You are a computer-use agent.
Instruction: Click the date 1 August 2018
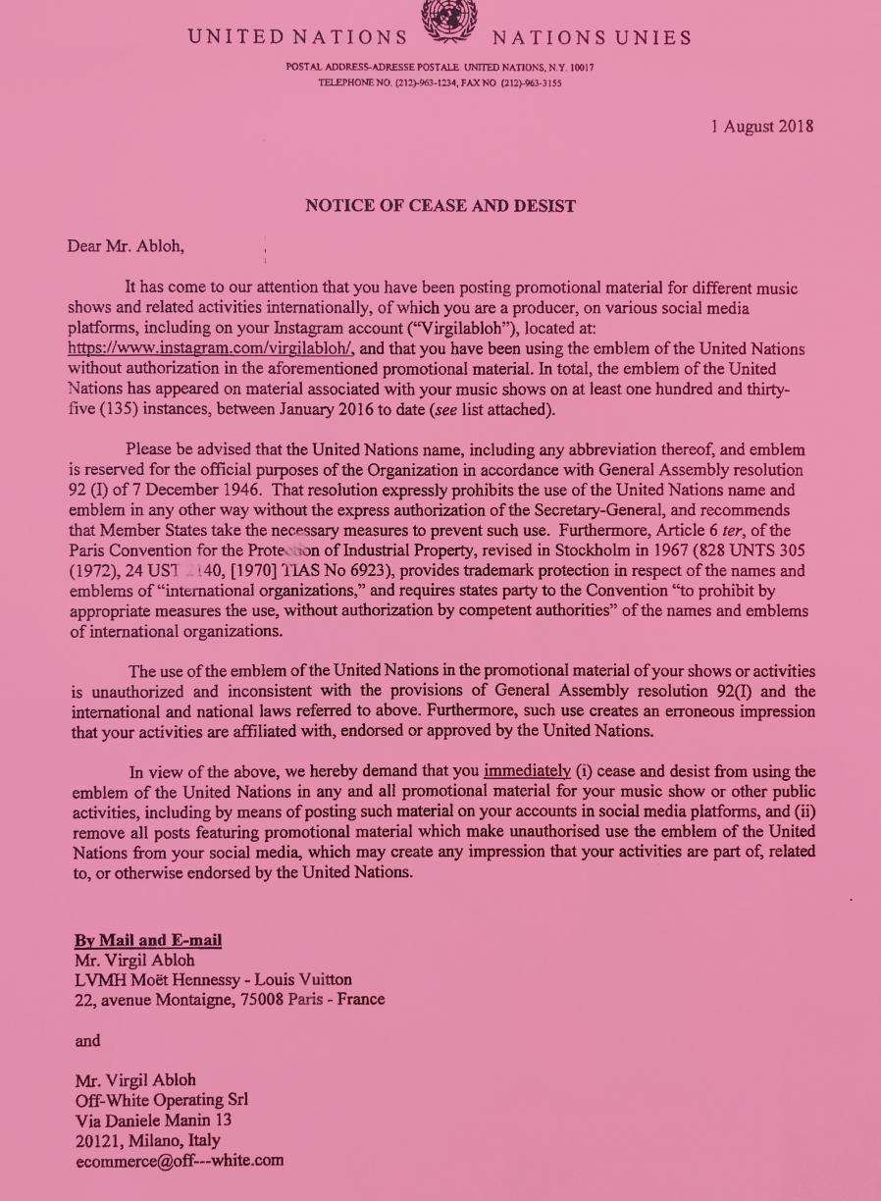761,127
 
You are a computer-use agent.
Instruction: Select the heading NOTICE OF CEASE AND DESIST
440,206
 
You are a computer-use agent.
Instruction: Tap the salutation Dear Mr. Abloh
125,245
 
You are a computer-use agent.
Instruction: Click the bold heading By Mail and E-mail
148,941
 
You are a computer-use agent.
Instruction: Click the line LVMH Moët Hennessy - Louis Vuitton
213,979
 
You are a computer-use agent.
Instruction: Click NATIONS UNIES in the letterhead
592,38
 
